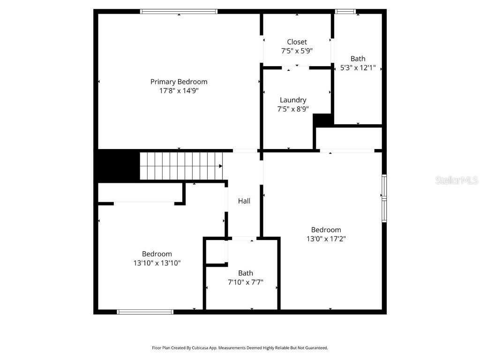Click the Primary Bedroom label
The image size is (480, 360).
pyautogui.click(x=179, y=82)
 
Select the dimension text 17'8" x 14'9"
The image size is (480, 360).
pyautogui.click(x=179, y=91)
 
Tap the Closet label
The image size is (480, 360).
pyautogui.click(x=297, y=42)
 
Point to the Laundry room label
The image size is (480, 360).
pyautogui.click(x=293, y=100)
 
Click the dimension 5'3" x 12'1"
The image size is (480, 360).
pyautogui.click(x=358, y=67)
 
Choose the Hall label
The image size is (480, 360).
pyautogui.click(x=244, y=201)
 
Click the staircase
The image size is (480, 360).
pyautogui.click(x=181, y=165)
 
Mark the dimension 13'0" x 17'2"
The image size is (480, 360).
pyautogui.click(x=326, y=239)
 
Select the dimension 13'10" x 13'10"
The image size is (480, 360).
pyautogui.click(x=157, y=263)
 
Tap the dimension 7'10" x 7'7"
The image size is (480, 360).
pyautogui.click(x=245, y=282)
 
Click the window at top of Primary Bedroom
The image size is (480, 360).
pyautogui.click(x=179, y=12)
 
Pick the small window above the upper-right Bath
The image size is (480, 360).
pyautogui.click(x=345, y=12)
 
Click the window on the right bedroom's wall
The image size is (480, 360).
pyautogui.click(x=384, y=198)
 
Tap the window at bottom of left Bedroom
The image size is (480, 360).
pyautogui.click(x=145, y=312)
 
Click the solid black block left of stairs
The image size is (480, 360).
pyautogui.click(x=117, y=165)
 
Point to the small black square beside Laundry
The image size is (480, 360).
pyautogui.click(x=322, y=120)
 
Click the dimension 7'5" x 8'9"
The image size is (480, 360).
pyautogui.click(x=293, y=109)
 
